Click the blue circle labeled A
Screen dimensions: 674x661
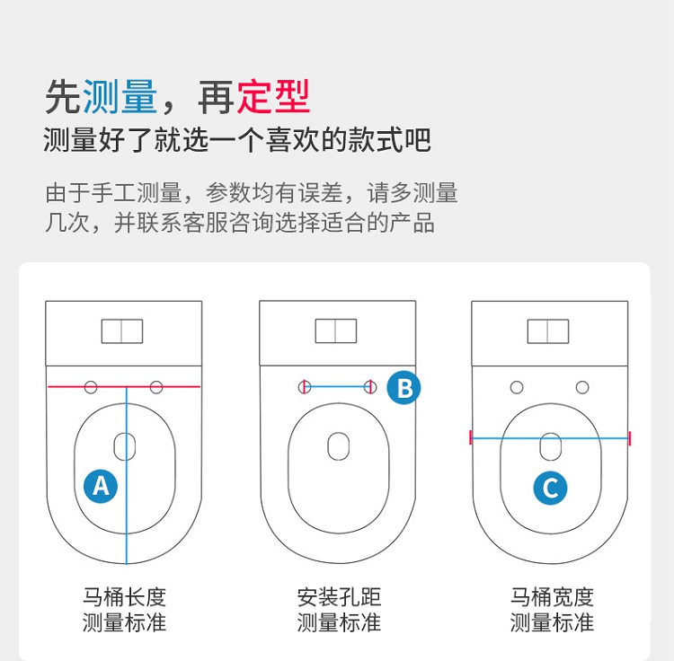[x=101, y=486]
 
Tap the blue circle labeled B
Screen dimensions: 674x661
[x=404, y=387]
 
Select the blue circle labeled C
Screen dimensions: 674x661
[x=550, y=488]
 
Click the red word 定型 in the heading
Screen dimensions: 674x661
[x=273, y=97]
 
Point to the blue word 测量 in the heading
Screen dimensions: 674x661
[x=120, y=97]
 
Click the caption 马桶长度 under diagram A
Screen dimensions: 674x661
[x=124, y=597]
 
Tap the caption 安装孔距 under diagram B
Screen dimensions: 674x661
[x=339, y=597]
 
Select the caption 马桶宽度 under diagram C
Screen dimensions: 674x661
[x=552, y=597]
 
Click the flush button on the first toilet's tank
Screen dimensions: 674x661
[x=122, y=331]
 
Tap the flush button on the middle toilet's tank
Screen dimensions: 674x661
[x=336, y=330]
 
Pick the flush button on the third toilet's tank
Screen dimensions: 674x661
[x=548, y=331]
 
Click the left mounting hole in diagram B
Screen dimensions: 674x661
[x=305, y=387]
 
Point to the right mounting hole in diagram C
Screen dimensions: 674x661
[x=582, y=387]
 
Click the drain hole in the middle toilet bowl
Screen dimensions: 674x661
[x=338, y=446]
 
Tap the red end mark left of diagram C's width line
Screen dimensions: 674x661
[x=471, y=437]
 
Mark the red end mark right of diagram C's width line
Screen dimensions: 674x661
[x=630, y=438]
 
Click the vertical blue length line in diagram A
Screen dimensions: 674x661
[x=127, y=475]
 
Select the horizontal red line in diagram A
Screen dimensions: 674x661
[x=124, y=386]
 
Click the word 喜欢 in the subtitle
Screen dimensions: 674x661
[x=293, y=139]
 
